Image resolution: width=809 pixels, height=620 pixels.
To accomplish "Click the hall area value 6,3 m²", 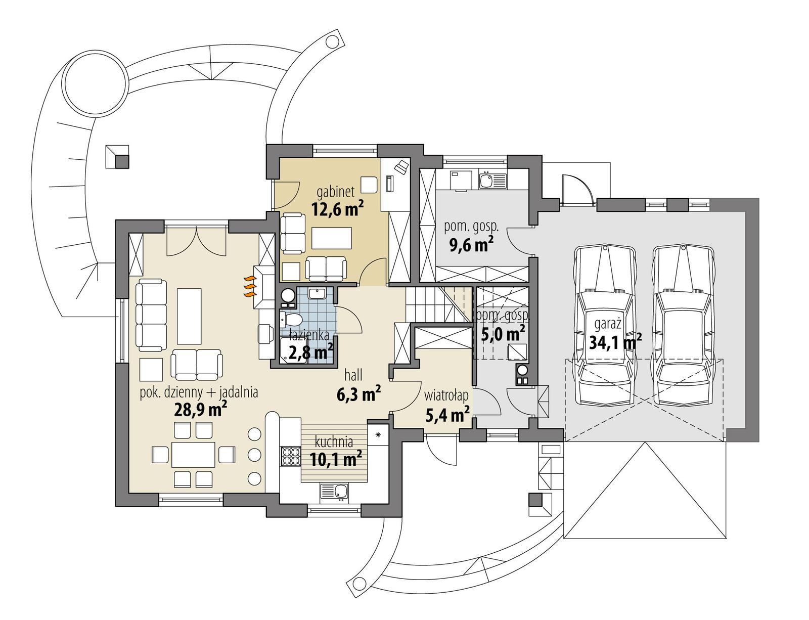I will click(358, 394).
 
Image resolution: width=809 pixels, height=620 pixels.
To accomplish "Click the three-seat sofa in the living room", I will click(151, 315).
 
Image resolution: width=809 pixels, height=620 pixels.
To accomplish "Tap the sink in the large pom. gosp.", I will click(486, 180).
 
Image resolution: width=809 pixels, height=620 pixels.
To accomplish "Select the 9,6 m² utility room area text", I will click(471, 245).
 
